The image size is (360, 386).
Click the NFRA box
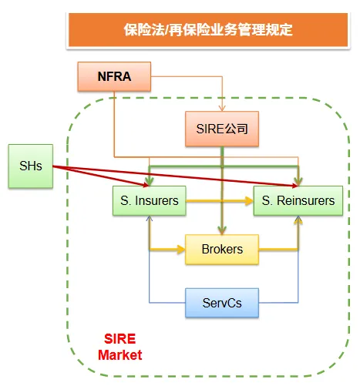[115, 76]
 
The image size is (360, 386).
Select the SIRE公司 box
[222, 129]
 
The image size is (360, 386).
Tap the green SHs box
[30, 166]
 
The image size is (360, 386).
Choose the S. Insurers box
[150, 201]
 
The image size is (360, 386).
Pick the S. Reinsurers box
[298, 201]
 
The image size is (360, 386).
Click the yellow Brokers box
[222, 249]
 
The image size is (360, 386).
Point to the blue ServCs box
[222, 303]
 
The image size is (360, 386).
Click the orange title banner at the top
[208, 30]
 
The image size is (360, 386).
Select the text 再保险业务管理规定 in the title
[227, 30]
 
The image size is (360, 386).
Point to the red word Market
[122, 354]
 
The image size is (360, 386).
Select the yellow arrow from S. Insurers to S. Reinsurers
[220, 201]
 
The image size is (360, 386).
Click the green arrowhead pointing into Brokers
[222, 230]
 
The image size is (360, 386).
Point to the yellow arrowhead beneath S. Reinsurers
[298, 222]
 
